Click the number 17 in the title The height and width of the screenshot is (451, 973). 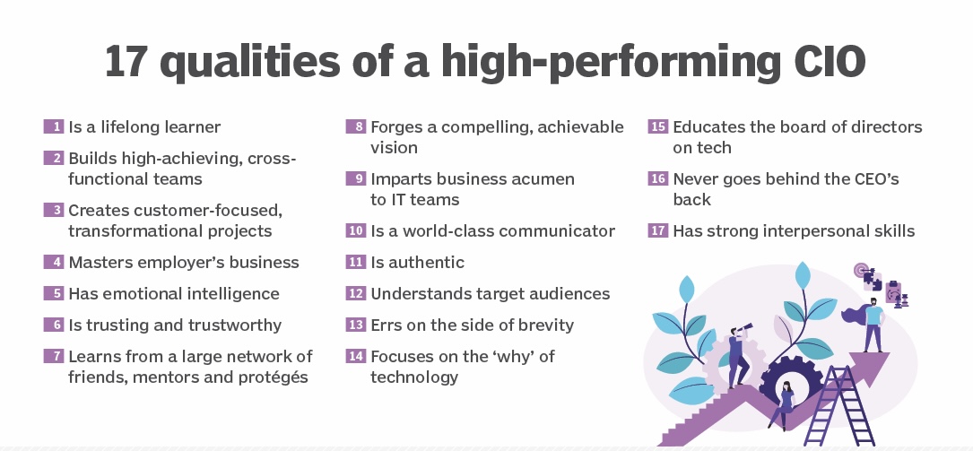pos(126,61)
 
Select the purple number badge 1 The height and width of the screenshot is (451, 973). pos(54,126)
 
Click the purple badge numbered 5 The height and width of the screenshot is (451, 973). pos(54,293)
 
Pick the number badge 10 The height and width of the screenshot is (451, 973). pos(356,230)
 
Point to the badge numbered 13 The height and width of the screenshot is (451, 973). pos(356,325)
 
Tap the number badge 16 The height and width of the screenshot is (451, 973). pos(658,178)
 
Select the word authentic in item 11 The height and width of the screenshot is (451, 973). pos(426,263)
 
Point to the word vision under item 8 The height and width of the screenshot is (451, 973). pos(394,148)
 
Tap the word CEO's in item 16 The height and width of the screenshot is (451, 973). pos(873,179)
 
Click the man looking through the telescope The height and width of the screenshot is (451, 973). pos(740,355)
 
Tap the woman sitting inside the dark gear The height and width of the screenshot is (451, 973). pos(785,405)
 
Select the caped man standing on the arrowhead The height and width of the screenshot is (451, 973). pos(869,324)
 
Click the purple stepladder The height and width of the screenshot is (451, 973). pos(839,405)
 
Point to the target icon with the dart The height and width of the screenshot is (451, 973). pos(861,271)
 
